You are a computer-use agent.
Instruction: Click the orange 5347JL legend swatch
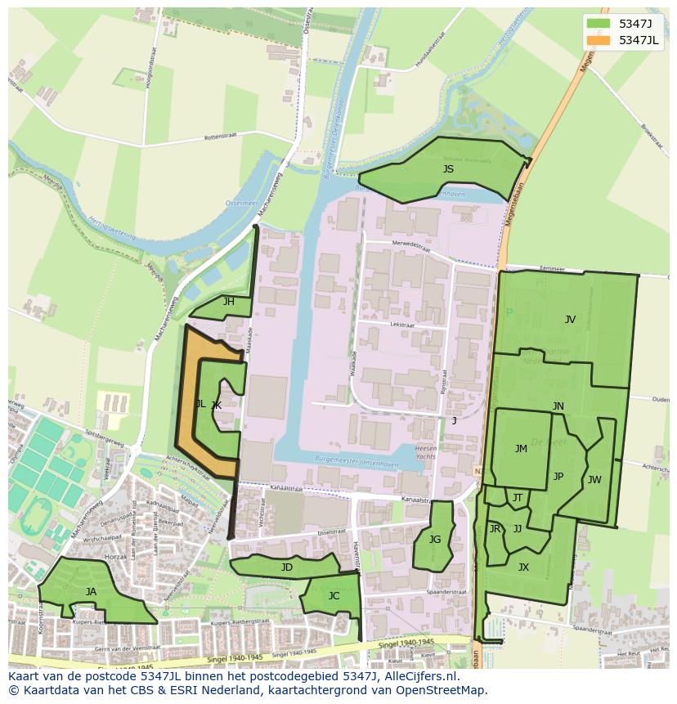(x=599, y=40)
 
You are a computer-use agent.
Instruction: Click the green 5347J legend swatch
(x=599, y=24)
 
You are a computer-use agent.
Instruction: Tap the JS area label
(x=448, y=169)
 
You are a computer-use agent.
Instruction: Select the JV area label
(x=570, y=320)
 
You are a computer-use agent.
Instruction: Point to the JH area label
(x=229, y=302)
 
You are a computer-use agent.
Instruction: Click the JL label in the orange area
(x=200, y=404)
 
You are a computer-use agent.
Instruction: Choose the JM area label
(x=521, y=448)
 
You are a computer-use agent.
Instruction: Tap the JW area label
(x=594, y=480)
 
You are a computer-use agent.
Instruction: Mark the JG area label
(x=435, y=539)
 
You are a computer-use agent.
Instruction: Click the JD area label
(x=286, y=567)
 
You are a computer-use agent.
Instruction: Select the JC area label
(x=334, y=596)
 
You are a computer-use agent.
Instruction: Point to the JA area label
(x=91, y=591)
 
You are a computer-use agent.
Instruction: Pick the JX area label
(x=523, y=567)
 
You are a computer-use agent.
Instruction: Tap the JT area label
(x=518, y=497)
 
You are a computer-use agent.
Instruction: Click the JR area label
(x=495, y=529)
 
